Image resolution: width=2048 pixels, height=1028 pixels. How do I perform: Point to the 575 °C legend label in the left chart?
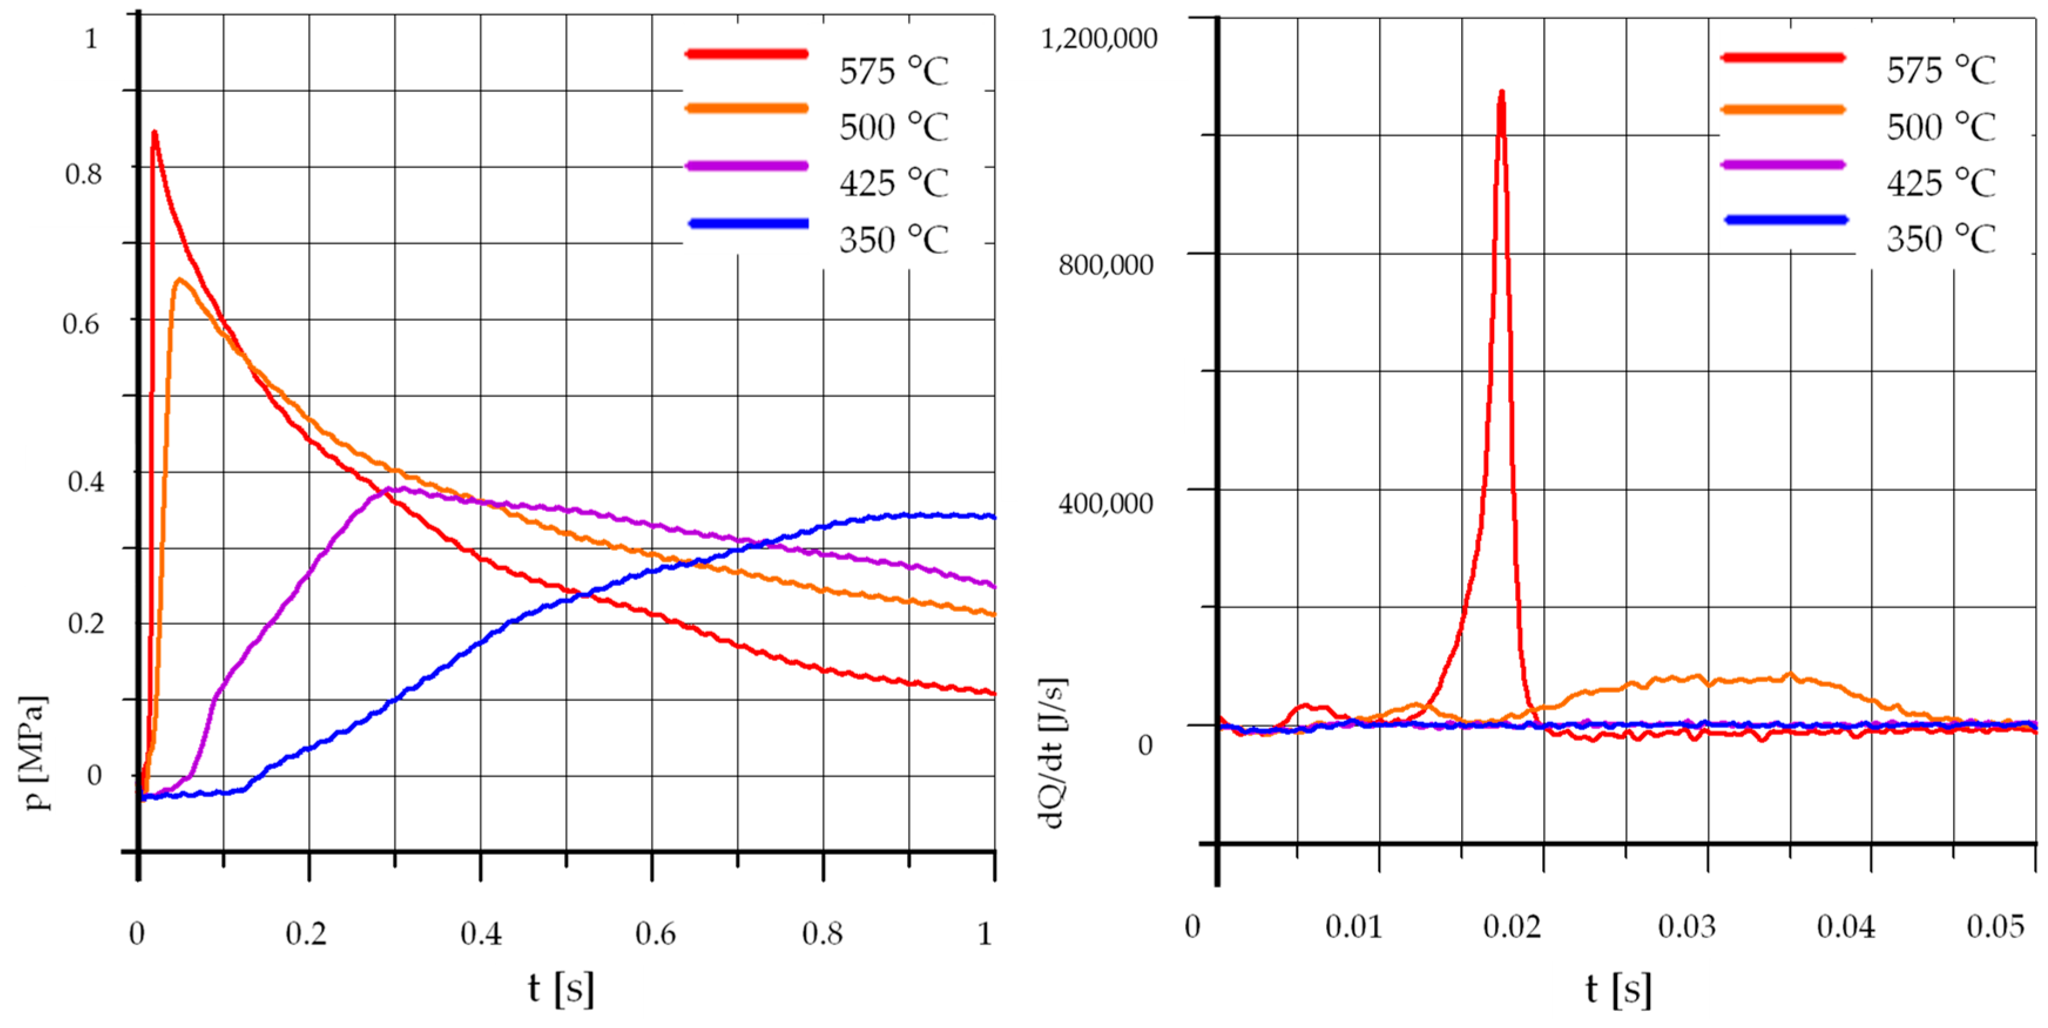894,72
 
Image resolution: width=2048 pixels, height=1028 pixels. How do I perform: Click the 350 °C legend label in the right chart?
1941,238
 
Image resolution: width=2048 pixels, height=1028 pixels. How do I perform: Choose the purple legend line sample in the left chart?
746,166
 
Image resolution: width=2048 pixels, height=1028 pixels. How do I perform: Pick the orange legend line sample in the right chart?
1782,110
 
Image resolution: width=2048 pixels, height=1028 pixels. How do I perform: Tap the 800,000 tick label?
1105,265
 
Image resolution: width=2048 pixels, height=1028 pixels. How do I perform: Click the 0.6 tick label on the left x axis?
655,934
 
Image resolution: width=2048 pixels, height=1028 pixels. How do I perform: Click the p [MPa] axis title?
35,752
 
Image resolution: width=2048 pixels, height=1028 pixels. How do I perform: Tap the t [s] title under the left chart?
561,988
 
